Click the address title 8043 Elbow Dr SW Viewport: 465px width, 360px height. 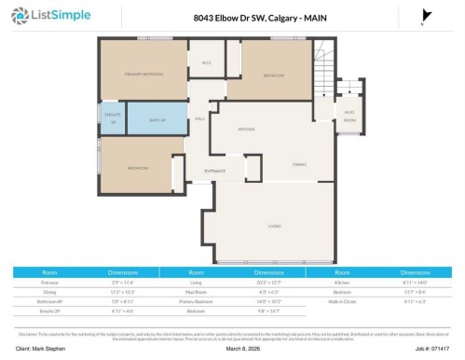tap(233, 17)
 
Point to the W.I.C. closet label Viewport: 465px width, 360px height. tap(206, 63)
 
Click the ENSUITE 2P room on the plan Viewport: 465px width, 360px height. tap(112, 119)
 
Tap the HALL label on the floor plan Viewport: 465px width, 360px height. tap(199, 118)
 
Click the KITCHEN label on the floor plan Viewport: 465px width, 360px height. tap(246, 129)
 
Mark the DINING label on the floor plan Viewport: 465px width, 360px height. tap(299, 163)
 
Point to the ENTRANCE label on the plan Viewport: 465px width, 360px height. tap(215, 171)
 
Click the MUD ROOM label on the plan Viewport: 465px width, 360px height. tap(349, 118)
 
